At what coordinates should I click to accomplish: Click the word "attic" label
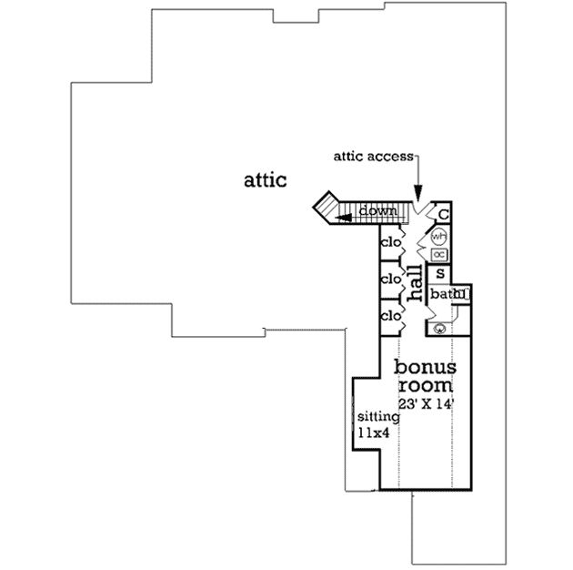point(265,179)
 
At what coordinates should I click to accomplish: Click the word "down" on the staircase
point(377,211)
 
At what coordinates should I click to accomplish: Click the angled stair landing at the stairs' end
point(325,208)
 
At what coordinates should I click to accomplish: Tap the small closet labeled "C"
point(443,214)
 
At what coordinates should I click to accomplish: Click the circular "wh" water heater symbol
point(438,237)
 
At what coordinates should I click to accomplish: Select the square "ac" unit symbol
point(438,255)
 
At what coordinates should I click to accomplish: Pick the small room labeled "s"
point(440,273)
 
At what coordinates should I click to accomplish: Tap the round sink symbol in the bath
point(439,328)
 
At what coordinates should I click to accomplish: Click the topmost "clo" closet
point(391,243)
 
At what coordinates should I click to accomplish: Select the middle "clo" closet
point(391,279)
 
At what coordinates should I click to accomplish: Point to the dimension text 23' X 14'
point(425,402)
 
